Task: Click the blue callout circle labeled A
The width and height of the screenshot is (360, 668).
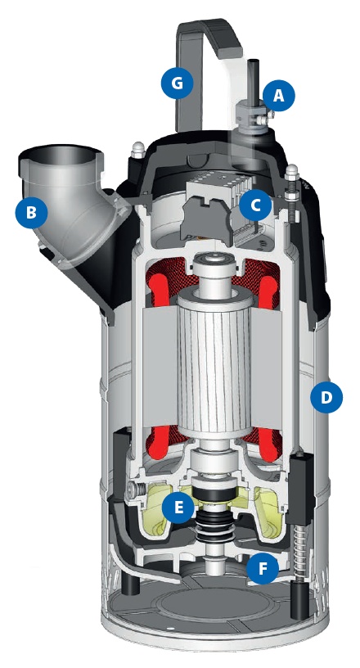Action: pyautogui.click(x=279, y=96)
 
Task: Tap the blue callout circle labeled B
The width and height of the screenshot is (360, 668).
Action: pyautogui.click(x=31, y=212)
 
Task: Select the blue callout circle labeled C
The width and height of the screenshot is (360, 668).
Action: pyautogui.click(x=255, y=205)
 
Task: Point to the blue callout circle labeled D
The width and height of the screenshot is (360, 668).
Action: pyautogui.click(x=326, y=397)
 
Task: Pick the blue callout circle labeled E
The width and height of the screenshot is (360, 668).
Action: pyautogui.click(x=178, y=508)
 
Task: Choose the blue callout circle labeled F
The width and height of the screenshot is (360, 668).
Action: pyautogui.click(x=262, y=568)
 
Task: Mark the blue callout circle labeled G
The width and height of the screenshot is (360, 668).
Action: pyautogui.click(x=177, y=83)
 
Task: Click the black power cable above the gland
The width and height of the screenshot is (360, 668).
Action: pyautogui.click(x=255, y=80)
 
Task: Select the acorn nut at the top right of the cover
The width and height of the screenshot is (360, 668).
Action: pyautogui.click(x=291, y=172)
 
